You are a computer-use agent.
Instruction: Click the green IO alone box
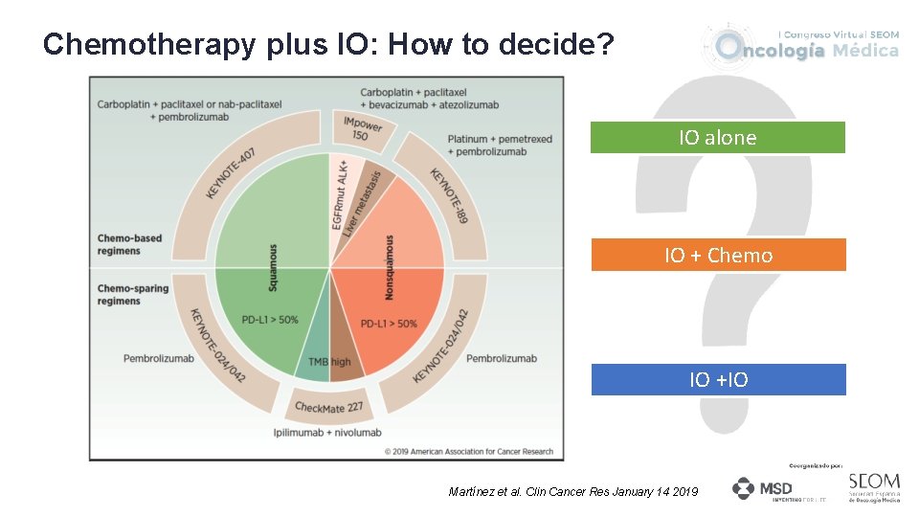pos(717,138)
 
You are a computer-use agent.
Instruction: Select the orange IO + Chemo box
pos(718,256)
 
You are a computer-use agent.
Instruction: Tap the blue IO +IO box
pos(718,380)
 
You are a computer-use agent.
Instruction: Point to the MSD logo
pos(763,489)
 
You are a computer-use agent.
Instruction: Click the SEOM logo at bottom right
pos(873,485)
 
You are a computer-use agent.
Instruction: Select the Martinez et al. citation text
pos(573,491)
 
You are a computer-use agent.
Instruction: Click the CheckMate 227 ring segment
pos(328,407)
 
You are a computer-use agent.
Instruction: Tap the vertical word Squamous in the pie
pos(274,267)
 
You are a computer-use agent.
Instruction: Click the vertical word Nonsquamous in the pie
pos(390,267)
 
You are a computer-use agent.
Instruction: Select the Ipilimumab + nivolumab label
pos(327,433)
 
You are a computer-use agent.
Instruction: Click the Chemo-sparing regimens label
pos(119,294)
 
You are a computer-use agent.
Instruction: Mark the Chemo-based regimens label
pos(119,244)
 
